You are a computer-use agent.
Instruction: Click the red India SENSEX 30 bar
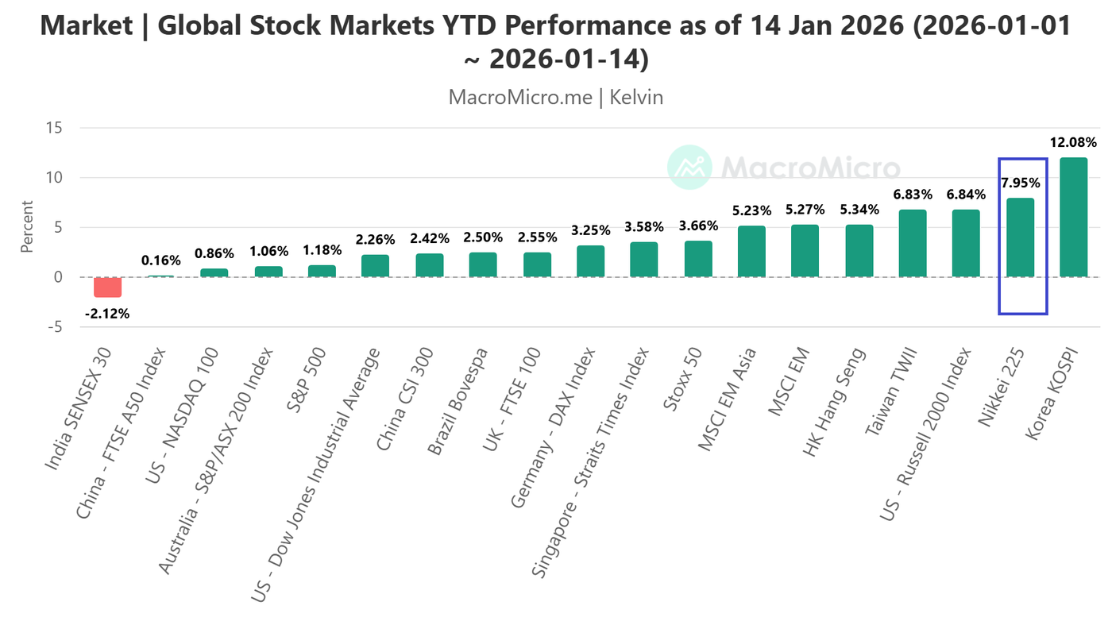click(107, 287)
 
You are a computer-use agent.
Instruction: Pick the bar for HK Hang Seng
click(859, 250)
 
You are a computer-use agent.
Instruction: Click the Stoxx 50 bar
click(698, 259)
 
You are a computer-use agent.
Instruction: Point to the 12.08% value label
click(1073, 143)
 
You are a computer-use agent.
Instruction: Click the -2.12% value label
click(107, 313)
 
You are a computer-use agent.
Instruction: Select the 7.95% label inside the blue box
click(1020, 183)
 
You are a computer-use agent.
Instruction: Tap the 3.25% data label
click(590, 230)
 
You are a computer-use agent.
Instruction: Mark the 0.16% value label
click(161, 260)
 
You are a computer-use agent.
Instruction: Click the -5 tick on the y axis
click(56, 326)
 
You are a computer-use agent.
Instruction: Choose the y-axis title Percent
click(27, 227)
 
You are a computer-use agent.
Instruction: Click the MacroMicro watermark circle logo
click(689, 168)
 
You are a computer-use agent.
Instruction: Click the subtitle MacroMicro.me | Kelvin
click(555, 98)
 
